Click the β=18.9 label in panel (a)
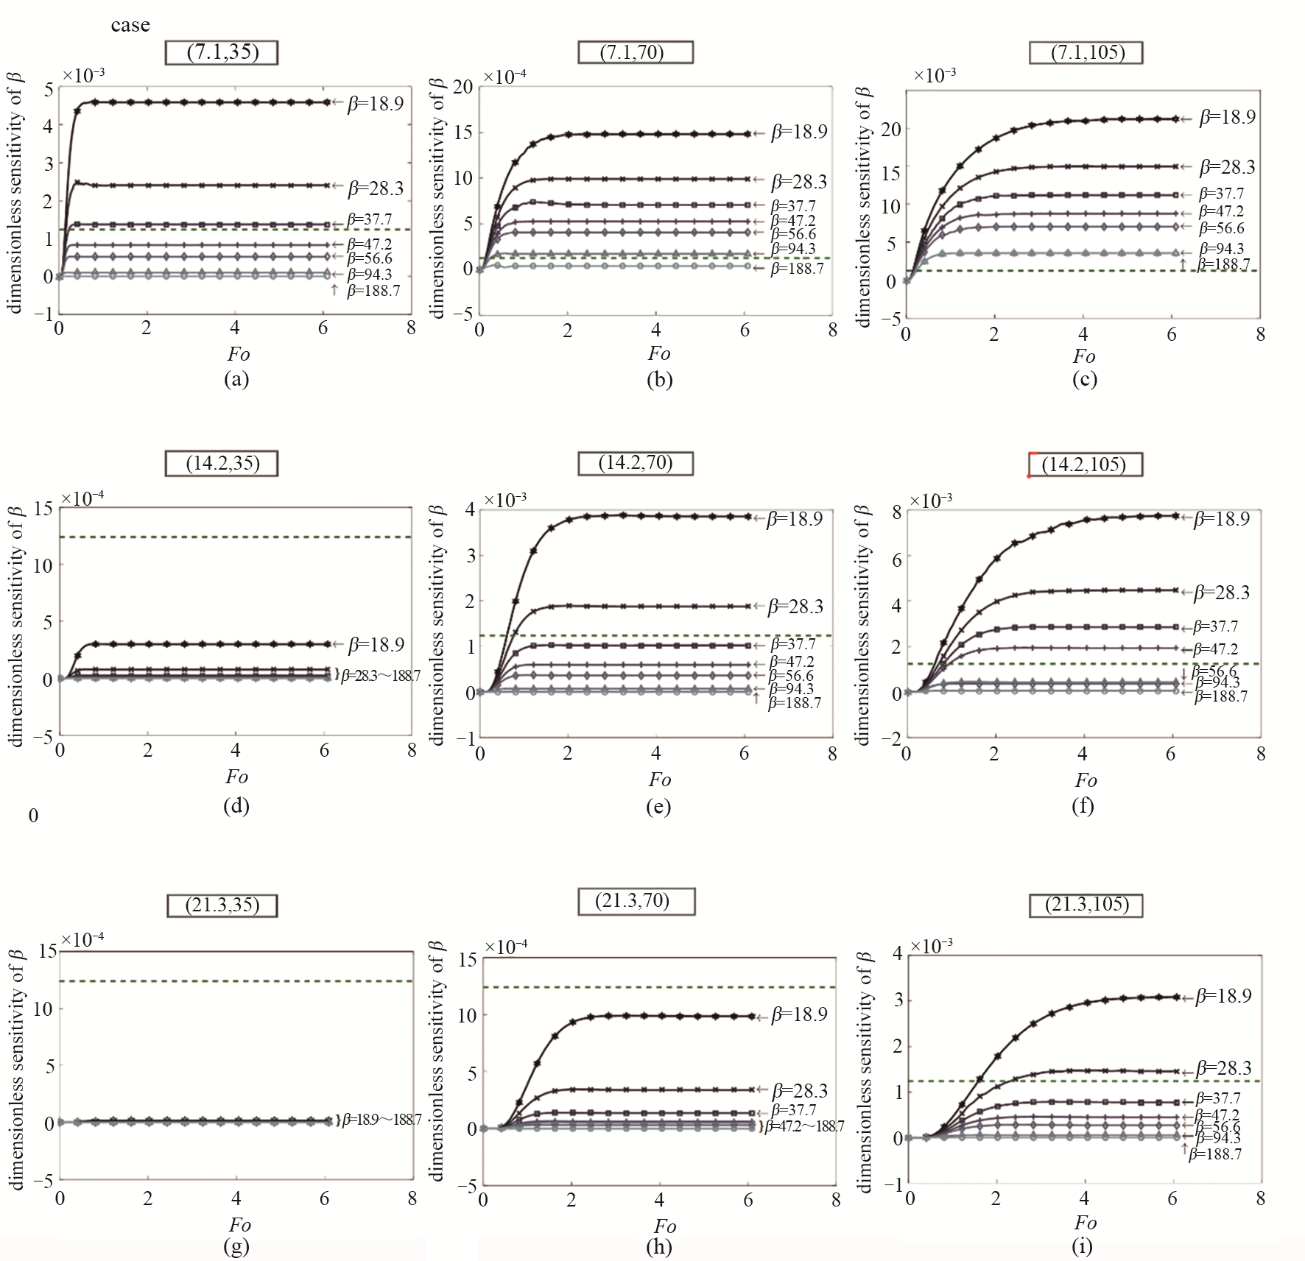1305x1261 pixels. (376, 103)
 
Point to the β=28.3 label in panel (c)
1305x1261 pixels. (1227, 167)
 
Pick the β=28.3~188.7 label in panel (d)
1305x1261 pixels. (380, 674)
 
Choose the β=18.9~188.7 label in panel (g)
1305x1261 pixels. (381, 1120)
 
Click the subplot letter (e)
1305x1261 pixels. (658, 807)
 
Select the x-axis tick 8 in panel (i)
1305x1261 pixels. (1261, 1198)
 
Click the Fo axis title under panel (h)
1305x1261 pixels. (664, 1226)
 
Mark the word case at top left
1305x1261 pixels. (130, 25)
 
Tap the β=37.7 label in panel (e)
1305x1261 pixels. (792, 644)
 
